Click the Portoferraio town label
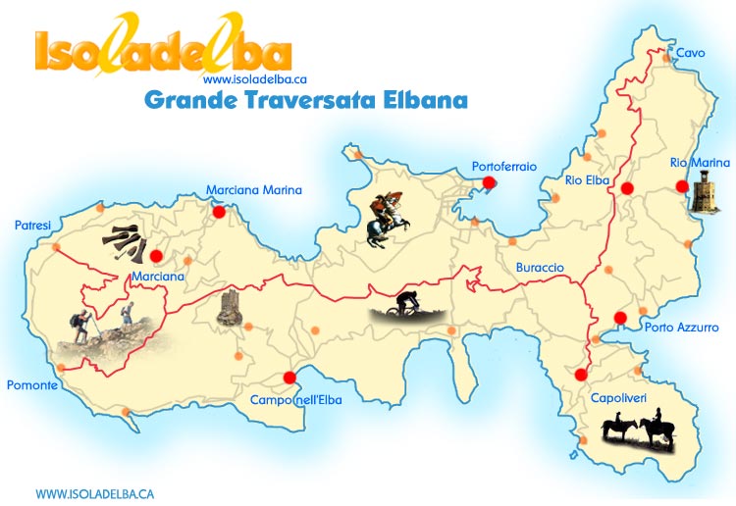pyautogui.click(x=503, y=167)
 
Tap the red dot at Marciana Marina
pyautogui.click(x=219, y=210)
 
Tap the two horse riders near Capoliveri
pyautogui.click(x=638, y=431)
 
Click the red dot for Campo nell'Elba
pyautogui.click(x=289, y=378)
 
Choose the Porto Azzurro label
pyautogui.click(x=681, y=328)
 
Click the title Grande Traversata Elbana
pyautogui.click(x=305, y=100)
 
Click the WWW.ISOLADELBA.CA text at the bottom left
pyautogui.click(x=94, y=493)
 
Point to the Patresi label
pyautogui.click(x=32, y=226)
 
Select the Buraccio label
pyautogui.click(x=540, y=267)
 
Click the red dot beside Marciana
pyautogui.click(x=156, y=256)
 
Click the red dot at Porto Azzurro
pyautogui.click(x=620, y=317)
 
